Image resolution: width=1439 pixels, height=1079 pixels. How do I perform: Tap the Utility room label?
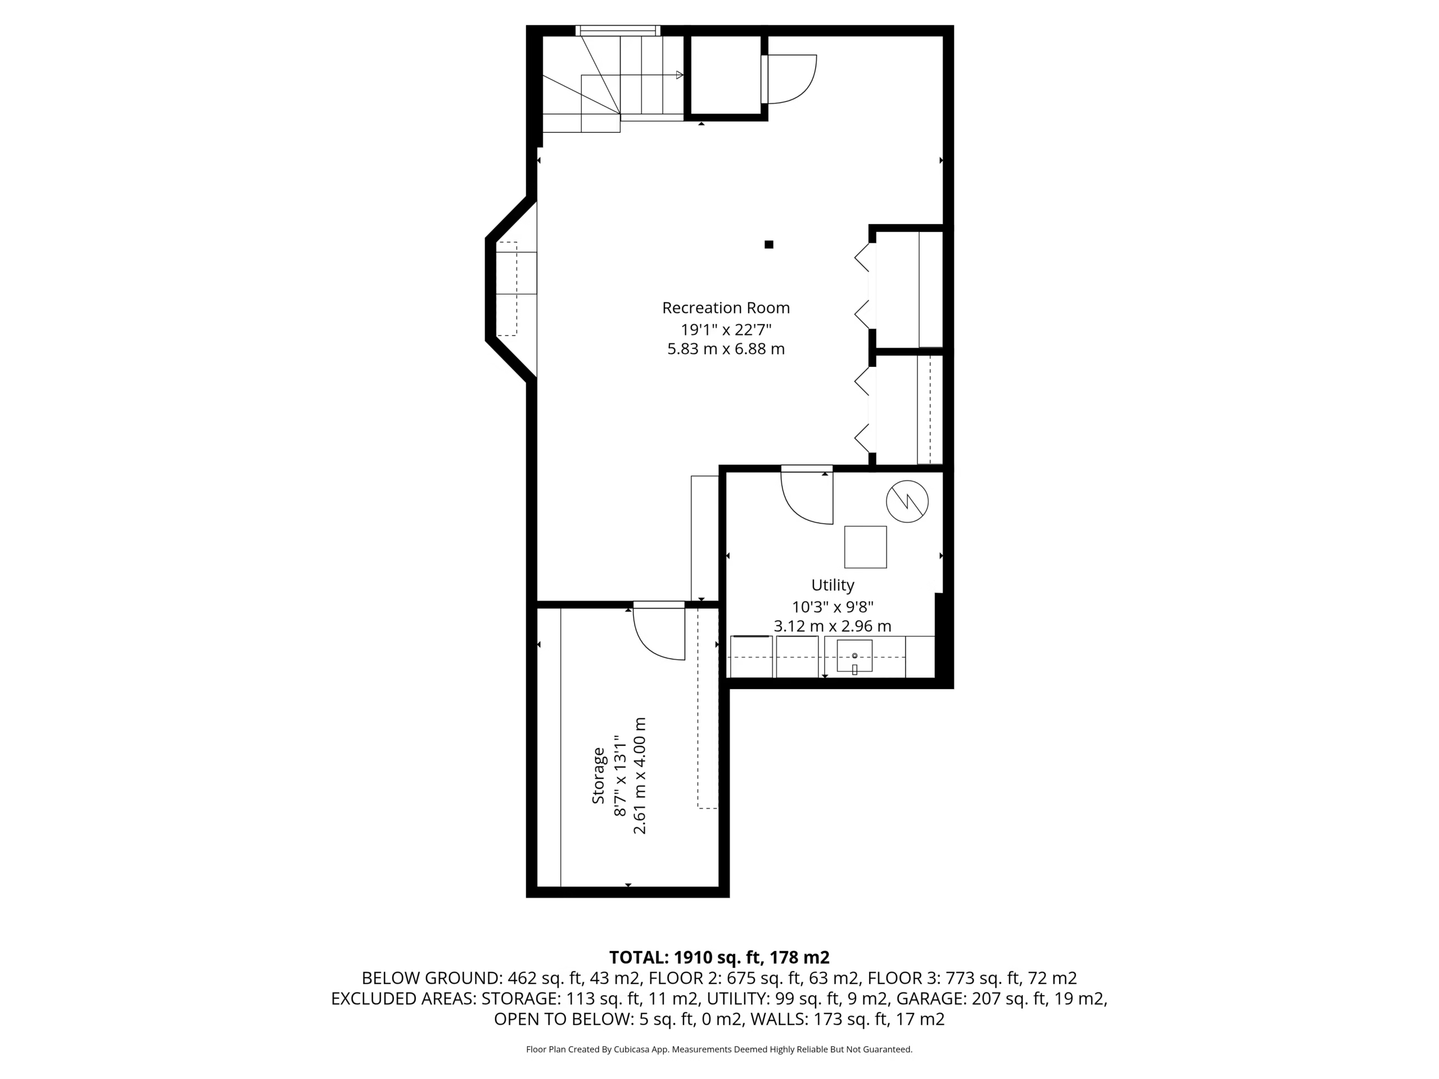click(x=832, y=586)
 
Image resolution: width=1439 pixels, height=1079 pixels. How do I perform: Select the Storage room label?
click(x=599, y=776)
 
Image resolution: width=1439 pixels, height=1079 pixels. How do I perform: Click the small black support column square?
click(x=769, y=244)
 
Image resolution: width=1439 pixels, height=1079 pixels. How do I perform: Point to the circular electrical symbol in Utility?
click(x=907, y=501)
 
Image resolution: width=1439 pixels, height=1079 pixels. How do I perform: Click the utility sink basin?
click(x=854, y=656)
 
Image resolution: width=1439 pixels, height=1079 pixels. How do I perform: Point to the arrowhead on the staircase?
click(x=680, y=75)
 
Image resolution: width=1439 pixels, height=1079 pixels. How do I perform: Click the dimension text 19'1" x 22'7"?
click(x=726, y=329)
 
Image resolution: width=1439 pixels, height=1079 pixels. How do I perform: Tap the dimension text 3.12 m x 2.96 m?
click(x=832, y=627)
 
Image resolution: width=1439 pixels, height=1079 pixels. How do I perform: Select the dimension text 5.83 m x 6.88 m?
click(x=726, y=349)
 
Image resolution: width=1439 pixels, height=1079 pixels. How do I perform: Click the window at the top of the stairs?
click(x=618, y=30)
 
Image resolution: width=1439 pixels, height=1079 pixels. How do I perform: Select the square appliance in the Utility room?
click(x=865, y=547)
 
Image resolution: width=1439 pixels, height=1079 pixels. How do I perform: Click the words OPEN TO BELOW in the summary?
click(x=563, y=1019)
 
